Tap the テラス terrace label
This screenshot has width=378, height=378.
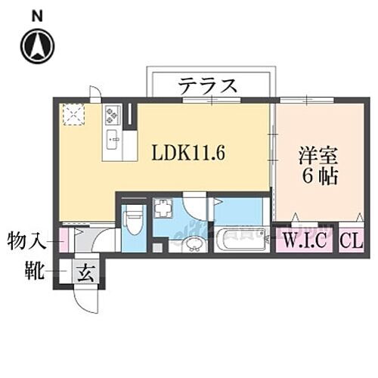[x=208, y=85]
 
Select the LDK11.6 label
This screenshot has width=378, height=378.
[x=190, y=152]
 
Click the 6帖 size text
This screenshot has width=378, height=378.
[x=313, y=181]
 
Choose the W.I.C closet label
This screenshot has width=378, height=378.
[x=305, y=243]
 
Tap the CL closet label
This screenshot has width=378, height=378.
[x=350, y=243]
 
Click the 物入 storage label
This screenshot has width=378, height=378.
[x=24, y=243]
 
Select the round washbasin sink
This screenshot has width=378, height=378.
[x=194, y=243]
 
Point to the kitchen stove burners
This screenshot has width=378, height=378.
[x=113, y=116]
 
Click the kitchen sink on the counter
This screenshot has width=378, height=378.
[x=113, y=138]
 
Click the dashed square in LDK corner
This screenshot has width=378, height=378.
[x=73, y=114]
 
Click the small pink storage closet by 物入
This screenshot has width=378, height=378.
[x=64, y=240]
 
